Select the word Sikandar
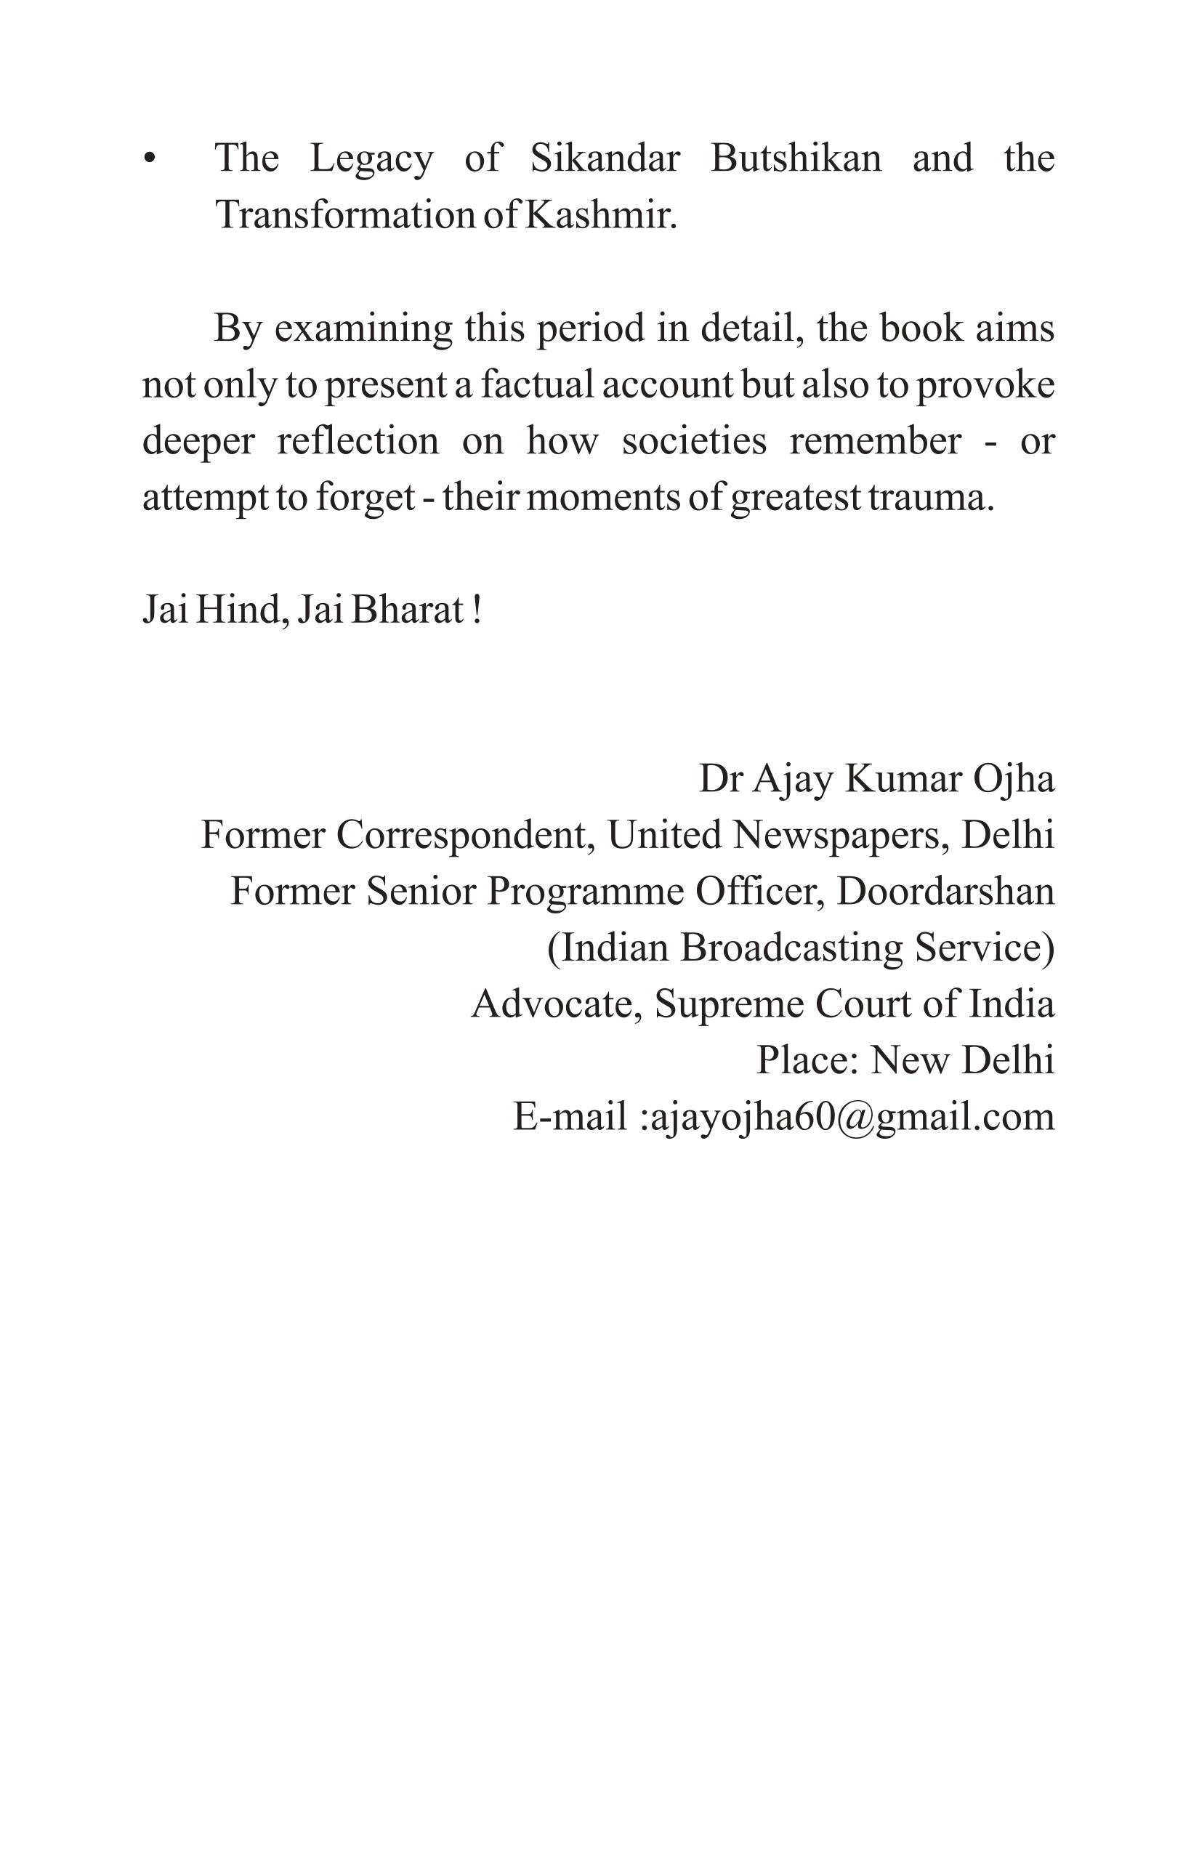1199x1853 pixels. coord(605,158)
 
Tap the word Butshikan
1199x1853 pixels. coord(796,158)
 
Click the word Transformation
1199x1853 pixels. coord(345,215)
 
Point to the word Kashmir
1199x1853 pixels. coord(600,215)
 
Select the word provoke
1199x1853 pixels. coord(985,384)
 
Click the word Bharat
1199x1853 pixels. coord(407,610)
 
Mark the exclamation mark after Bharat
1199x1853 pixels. coord(477,610)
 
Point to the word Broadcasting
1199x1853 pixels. coord(791,948)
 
